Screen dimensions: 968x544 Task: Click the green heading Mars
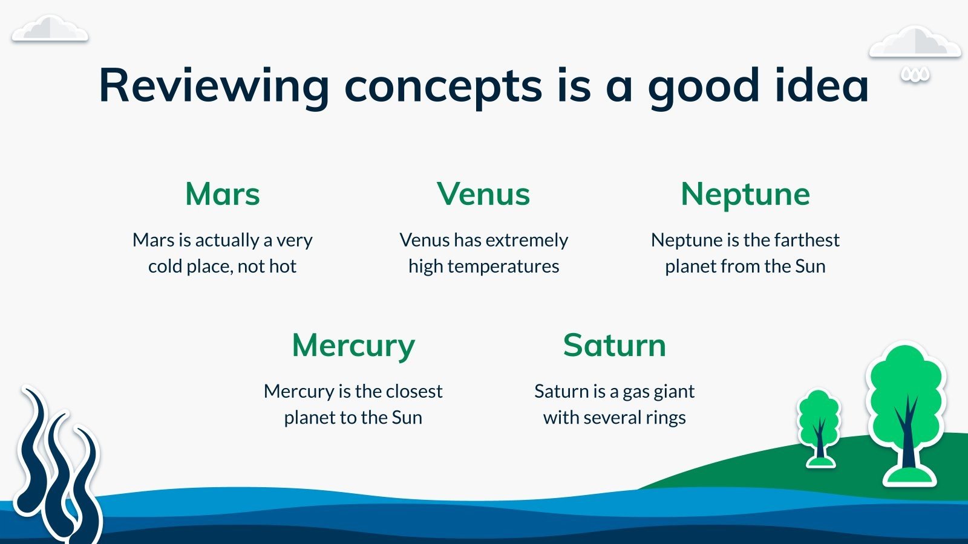click(x=223, y=194)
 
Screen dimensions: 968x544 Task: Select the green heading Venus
click(x=483, y=194)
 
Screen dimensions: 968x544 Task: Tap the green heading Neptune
click(x=745, y=195)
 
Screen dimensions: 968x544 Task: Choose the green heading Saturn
click(x=615, y=345)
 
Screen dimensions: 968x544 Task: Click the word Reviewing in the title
click(x=214, y=86)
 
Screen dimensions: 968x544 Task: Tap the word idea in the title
click(x=822, y=85)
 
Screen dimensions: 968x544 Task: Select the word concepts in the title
click(x=443, y=88)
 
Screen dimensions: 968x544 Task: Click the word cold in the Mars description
click(x=165, y=267)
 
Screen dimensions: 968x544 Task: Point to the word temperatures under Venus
click(x=503, y=267)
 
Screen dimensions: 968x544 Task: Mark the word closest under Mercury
click(x=414, y=392)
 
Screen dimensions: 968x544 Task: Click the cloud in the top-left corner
click(x=50, y=29)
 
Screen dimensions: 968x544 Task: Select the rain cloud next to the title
click(x=914, y=42)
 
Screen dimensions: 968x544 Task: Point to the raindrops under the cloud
click(x=915, y=74)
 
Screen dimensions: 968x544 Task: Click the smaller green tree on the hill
click(x=819, y=427)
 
